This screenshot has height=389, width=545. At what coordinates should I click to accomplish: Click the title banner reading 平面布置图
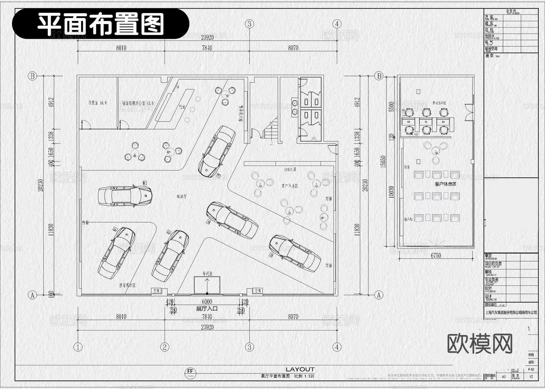(101, 24)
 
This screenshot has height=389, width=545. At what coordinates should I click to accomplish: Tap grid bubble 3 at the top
(249, 24)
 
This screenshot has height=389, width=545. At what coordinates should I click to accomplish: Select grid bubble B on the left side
(32, 76)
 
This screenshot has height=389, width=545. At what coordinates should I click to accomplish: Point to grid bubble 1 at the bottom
(78, 347)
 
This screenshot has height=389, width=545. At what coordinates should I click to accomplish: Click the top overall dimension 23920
(207, 37)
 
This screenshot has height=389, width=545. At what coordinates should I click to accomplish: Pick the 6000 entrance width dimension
(207, 302)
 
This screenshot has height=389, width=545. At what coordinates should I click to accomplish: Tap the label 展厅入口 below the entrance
(207, 309)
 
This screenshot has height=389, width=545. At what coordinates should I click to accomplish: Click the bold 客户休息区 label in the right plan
(445, 184)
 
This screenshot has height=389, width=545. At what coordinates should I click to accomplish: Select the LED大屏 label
(290, 170)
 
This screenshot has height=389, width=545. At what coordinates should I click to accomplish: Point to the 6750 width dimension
(436, 255)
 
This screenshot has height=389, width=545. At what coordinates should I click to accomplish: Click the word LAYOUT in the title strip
(300, 369)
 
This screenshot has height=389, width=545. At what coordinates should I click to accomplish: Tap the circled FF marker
(190, 372)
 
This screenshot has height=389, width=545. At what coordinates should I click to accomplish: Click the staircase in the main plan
(270, 129)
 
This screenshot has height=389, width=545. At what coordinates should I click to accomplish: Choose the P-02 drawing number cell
(531, 370)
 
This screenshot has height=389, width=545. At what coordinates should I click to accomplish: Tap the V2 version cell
(531, 377)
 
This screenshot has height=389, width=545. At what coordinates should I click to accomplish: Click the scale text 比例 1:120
(304, 376)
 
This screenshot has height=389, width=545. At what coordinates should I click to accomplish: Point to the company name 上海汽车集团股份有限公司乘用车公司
(511, 312)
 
